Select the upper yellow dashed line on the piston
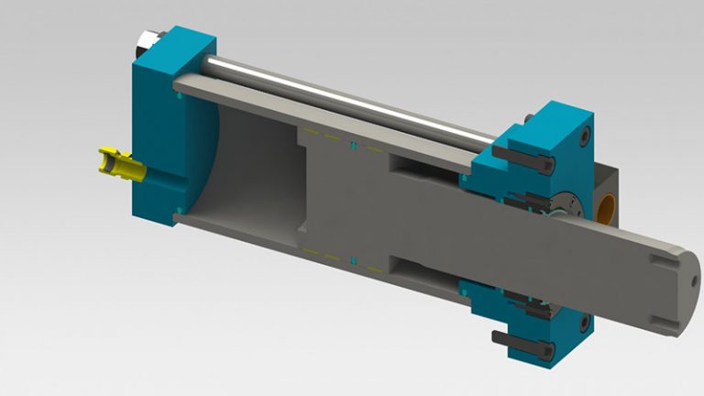coord(330,138)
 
